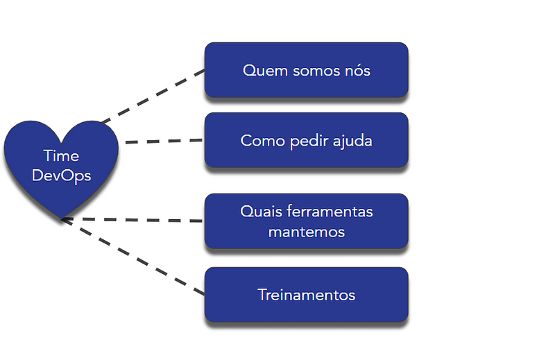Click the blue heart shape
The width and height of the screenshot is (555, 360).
coord(61,187)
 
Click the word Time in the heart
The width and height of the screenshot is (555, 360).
coord(61,155)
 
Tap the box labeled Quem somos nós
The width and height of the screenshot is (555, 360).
coord(306,70)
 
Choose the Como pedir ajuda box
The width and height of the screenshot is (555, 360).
coord(306,141)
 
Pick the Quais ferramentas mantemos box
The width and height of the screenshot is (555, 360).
coord(306,221)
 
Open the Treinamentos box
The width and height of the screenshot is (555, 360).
coord(306,295)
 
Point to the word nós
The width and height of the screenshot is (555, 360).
coord(355,70)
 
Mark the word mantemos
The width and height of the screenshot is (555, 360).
coord(306,232)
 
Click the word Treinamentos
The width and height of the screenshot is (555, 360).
coord(306,295)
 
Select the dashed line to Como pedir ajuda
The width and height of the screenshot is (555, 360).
coord(164,142)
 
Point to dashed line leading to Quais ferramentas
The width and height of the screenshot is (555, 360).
coord(132,221)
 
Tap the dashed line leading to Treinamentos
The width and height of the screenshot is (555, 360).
coord(135,257)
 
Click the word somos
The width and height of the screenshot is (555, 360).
coord(309,70)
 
